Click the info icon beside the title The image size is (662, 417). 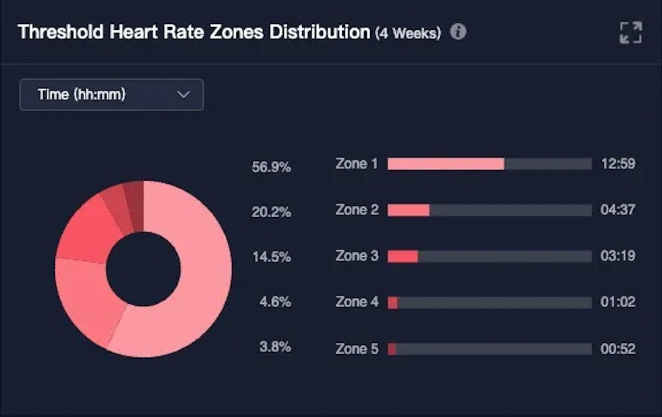click(x=458, y=32)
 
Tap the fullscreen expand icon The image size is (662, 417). click(x=630, y=32)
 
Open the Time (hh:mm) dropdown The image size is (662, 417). click(x=111, y=95)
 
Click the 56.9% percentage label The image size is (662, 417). click(x=271, y=167)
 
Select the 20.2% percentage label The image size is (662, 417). click(x=271, y=212)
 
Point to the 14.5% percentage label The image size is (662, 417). click(x=271, y=257)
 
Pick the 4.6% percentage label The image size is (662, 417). click(x=274, y=302)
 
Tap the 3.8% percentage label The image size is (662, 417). click(x=274, y=347)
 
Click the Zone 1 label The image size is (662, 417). click(x=357, y=163)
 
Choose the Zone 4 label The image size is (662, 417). click(x=357, y=302)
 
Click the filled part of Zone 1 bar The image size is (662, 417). click(x=446, y=164)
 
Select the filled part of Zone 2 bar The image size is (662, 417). click(x=408, y=210)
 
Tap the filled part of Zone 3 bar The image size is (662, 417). click(x=402, y=256)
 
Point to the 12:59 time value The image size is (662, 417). click(x=618, y=163)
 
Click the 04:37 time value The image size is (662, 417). click(x=618, y=210)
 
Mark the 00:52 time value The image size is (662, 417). click(x=618, y=348)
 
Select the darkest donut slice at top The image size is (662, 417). click(x=134, y=199)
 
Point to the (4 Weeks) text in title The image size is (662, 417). click(x=408, y=33)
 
